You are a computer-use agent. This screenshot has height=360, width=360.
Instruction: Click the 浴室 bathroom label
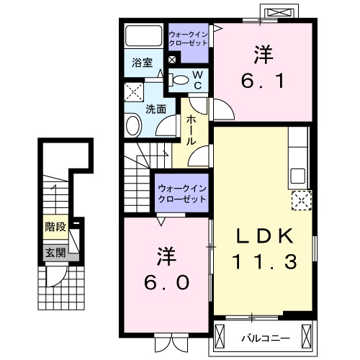141,63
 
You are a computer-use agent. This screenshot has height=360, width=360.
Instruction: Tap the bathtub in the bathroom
145,37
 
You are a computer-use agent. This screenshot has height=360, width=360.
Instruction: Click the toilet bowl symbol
181,80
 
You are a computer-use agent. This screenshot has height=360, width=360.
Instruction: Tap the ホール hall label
192,130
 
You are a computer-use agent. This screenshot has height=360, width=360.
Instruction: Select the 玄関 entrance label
54,253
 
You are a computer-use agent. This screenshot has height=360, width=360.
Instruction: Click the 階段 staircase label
55,227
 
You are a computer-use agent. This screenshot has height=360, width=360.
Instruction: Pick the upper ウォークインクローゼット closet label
188,39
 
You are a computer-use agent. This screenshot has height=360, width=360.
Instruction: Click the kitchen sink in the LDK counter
297,176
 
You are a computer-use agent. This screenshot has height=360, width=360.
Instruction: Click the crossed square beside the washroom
133,92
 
